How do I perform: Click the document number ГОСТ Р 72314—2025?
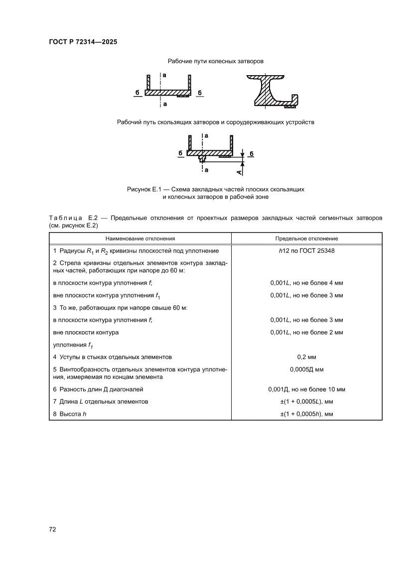click(x=83, y=42)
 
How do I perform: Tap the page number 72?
click(x=52, y=529)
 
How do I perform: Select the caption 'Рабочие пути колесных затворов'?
click(x=215, y=61)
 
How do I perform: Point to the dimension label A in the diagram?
click(x=239, y=171)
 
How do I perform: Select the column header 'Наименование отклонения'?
click(x=140, y=238)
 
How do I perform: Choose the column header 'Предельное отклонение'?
click(x=306, y=238)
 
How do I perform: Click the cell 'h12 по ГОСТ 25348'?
click(x=306, y=251)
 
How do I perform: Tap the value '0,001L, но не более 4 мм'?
click(x=306, y=283)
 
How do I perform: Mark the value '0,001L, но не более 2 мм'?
click(x=306, y=332)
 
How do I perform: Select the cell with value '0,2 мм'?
click(x=306, y=357)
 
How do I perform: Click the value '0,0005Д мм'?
click(x=306, y=370)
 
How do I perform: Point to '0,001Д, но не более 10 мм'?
click(x=306, y=389)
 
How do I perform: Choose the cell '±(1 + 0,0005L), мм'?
click(x=306, y=401)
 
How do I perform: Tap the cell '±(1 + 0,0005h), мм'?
click(x=306, y=414)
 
